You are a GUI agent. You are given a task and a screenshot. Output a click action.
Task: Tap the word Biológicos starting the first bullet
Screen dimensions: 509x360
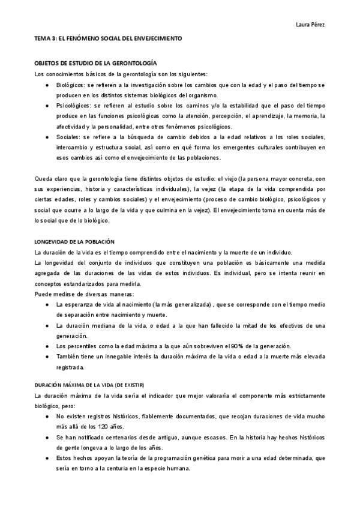click(x=70, y=85)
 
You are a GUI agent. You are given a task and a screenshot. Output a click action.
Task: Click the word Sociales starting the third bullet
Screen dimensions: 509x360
click(x=68, y=136)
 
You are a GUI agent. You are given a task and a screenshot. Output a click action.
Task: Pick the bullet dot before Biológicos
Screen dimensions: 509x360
click(x=47, y=85)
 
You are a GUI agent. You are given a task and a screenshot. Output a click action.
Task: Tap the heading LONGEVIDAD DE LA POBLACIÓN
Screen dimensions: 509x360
click(x=74, y=241)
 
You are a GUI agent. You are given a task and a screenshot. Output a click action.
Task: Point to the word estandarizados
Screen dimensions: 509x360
click(x=78, y=283)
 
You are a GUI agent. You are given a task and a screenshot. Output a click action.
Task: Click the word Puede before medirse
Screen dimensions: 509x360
click(x=43, y=294)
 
